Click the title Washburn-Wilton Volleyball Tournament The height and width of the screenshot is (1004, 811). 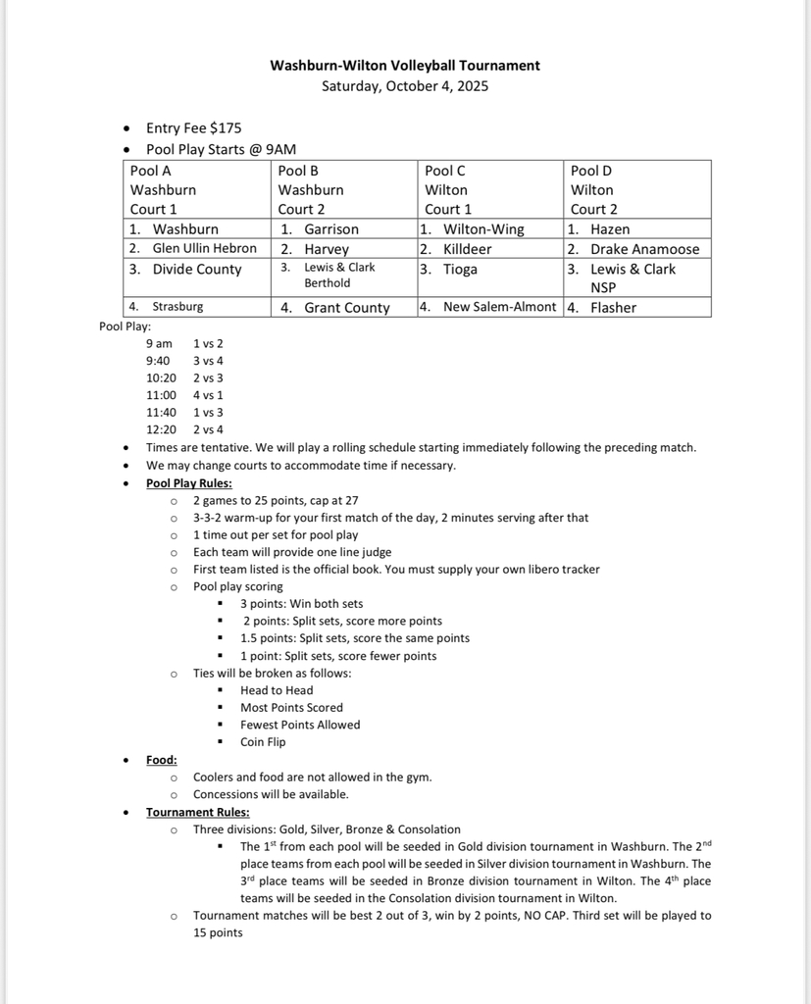point(405,66)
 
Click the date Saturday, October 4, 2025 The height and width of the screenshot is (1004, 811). point(405,85)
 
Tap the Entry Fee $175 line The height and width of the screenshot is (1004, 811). point(193,127)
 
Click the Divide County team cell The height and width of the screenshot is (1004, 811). point(196,270)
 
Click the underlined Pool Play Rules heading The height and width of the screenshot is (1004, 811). point(189,483)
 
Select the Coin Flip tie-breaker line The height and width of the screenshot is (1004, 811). point(263,742)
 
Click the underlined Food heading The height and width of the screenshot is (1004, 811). point(162,760)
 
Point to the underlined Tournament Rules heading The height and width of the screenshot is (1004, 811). point(197,812)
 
